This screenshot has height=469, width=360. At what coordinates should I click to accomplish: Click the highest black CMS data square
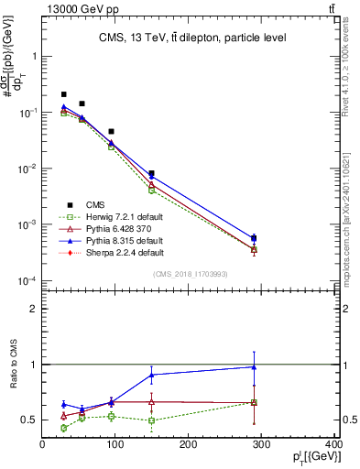point(63,94)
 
